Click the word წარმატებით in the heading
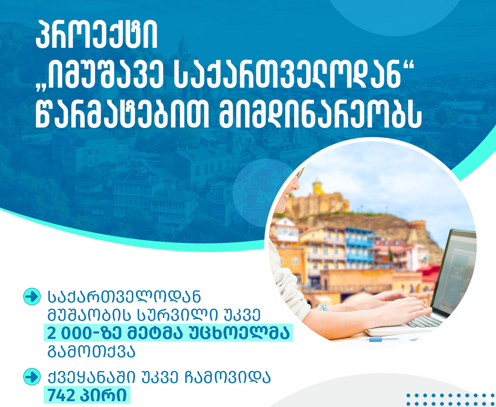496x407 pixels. point(122,114)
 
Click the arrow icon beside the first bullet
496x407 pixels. point(32,297)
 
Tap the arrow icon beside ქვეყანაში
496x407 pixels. point(32,377)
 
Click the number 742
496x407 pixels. point(61,395)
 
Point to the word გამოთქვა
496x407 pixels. point(91,351)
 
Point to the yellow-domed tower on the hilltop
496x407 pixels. point(317,187)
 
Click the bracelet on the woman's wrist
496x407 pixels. point(322,307)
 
